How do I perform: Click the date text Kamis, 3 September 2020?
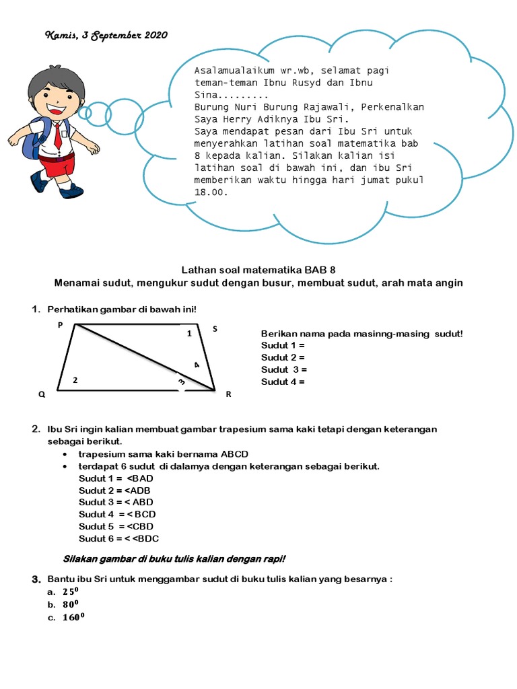[x=106, y=35]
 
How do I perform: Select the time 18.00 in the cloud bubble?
[x=211, y=192]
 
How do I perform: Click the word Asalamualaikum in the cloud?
[x=232, y=71]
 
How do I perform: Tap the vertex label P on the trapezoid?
[x=60, y=324]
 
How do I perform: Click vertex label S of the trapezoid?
[x=215, y=329]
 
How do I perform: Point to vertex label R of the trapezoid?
[x=228, y=394]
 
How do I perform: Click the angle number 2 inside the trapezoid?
[x=75, y=380]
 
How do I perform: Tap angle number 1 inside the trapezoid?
[x=189, y=333]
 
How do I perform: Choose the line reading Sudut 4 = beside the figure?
[x=283, y=382]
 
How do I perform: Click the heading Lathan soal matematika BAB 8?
[x=258, y=269]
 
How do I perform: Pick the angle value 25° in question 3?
[x=71, y=592]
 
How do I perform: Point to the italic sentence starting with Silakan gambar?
[x=174, y=558]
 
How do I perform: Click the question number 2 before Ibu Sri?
[x=35, y=429]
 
